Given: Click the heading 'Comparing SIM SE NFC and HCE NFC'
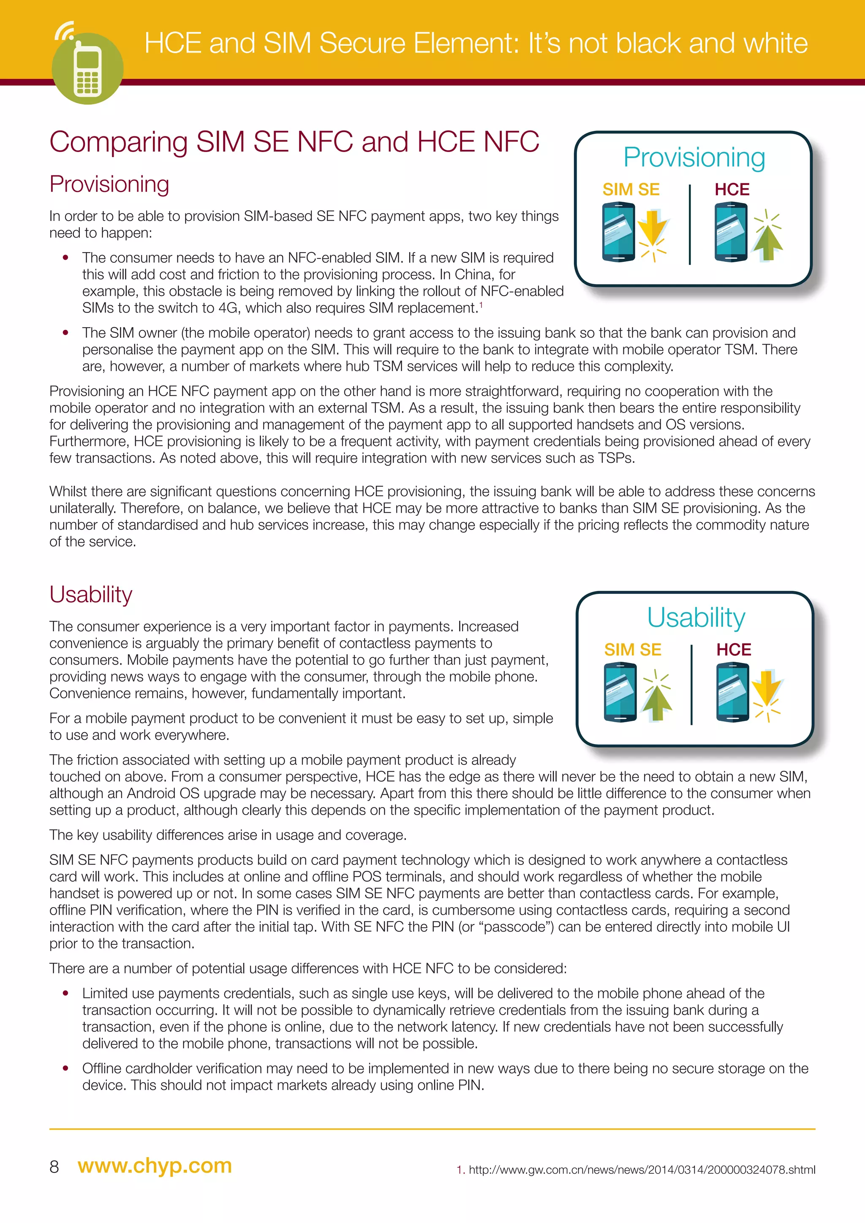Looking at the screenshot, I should tap(294, 142).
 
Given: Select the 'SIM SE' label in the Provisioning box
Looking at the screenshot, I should tap(631, 190).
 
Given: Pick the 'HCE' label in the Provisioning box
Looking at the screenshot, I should tap(732, 190).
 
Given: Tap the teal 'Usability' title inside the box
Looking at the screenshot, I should tap(696, 618).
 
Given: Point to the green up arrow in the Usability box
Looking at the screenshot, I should tap(656, 702).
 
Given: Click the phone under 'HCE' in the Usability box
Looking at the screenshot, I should tap(733, 691).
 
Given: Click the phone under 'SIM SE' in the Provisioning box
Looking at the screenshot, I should tap(618, 233).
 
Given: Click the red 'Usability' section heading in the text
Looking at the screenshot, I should tap(90, 595).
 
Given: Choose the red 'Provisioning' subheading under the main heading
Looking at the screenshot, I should tap(109, 184).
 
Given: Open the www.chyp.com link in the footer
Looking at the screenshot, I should tap(155, 1166).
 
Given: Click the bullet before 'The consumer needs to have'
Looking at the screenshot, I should tap(65, 258).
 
